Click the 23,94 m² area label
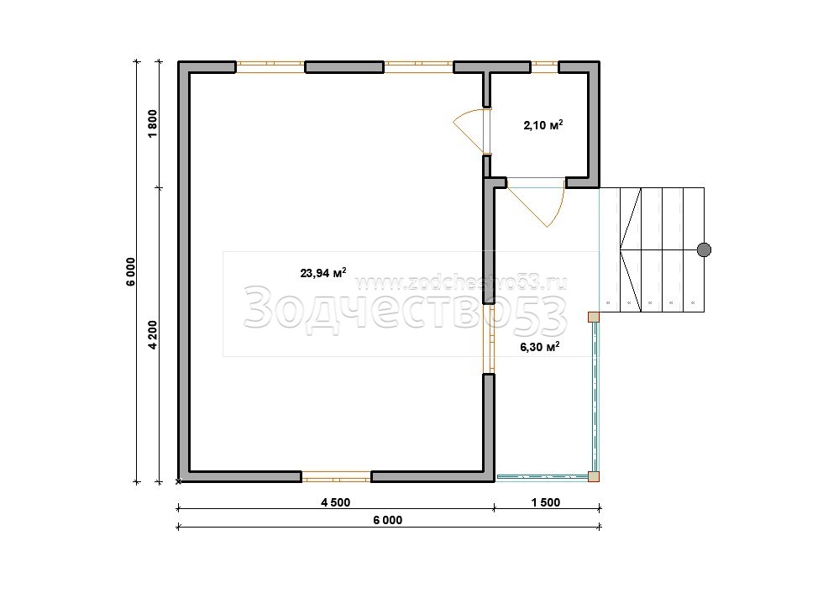[322, 272]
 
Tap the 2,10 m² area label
[543, 125]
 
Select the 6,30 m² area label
[539, 346]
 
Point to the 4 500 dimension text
[335, 502]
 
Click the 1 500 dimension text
[546, 502]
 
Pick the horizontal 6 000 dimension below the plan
[388, 520]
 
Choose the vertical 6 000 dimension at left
[131, 271]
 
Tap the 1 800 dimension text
[152, 124]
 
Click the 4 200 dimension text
[152, 334]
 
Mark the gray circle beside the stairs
[704, 250]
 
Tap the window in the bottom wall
[337, 477]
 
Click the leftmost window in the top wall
[270, 66]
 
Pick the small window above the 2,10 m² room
[544, 66]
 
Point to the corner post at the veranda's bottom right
[594, 477]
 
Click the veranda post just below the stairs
[594, 318]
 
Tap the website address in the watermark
[461, 284]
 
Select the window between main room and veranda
[489, 339]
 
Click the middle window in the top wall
[418, 66]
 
